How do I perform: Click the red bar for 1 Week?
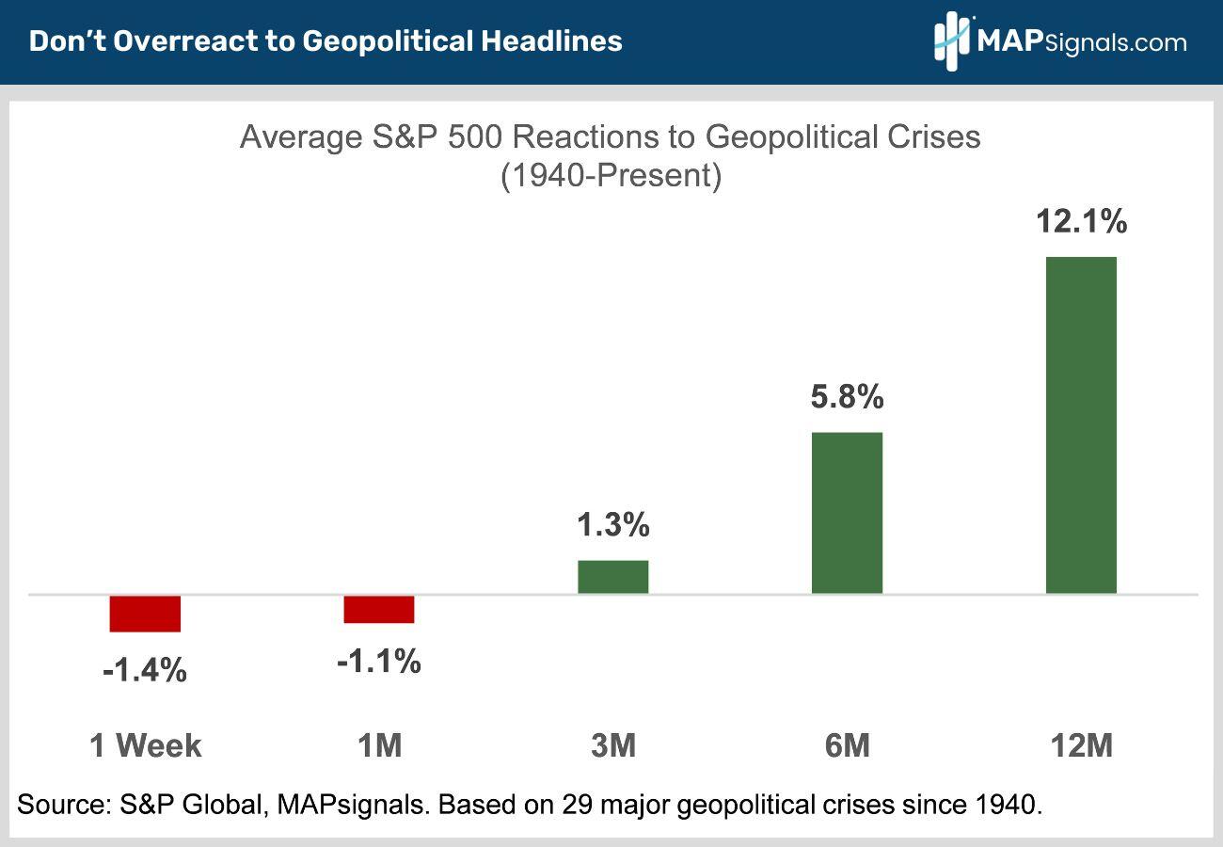tap(145, 614)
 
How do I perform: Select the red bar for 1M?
tap(379, 609)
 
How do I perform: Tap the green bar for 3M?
tap(613, 577)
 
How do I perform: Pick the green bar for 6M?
tap(847, 513)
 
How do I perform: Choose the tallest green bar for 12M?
tap(1081, 425)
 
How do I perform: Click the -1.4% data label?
tap(145, 671)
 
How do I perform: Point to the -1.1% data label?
tap(378, 662)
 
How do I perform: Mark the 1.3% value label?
tap(613, 525)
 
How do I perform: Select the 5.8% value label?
tap(847, 397)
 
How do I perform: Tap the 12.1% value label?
tap(1081, 222)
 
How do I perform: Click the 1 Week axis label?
tap(146, 746)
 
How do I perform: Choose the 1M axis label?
tap(379, 746)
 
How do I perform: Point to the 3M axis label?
tap(613, 746)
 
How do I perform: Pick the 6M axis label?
tap(847, 746)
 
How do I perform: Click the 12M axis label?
tap(1081, 746)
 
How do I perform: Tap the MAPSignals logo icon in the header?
tap(952, 41)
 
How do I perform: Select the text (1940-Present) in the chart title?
tap(611, 176)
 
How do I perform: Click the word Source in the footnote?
tap(60, 805)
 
